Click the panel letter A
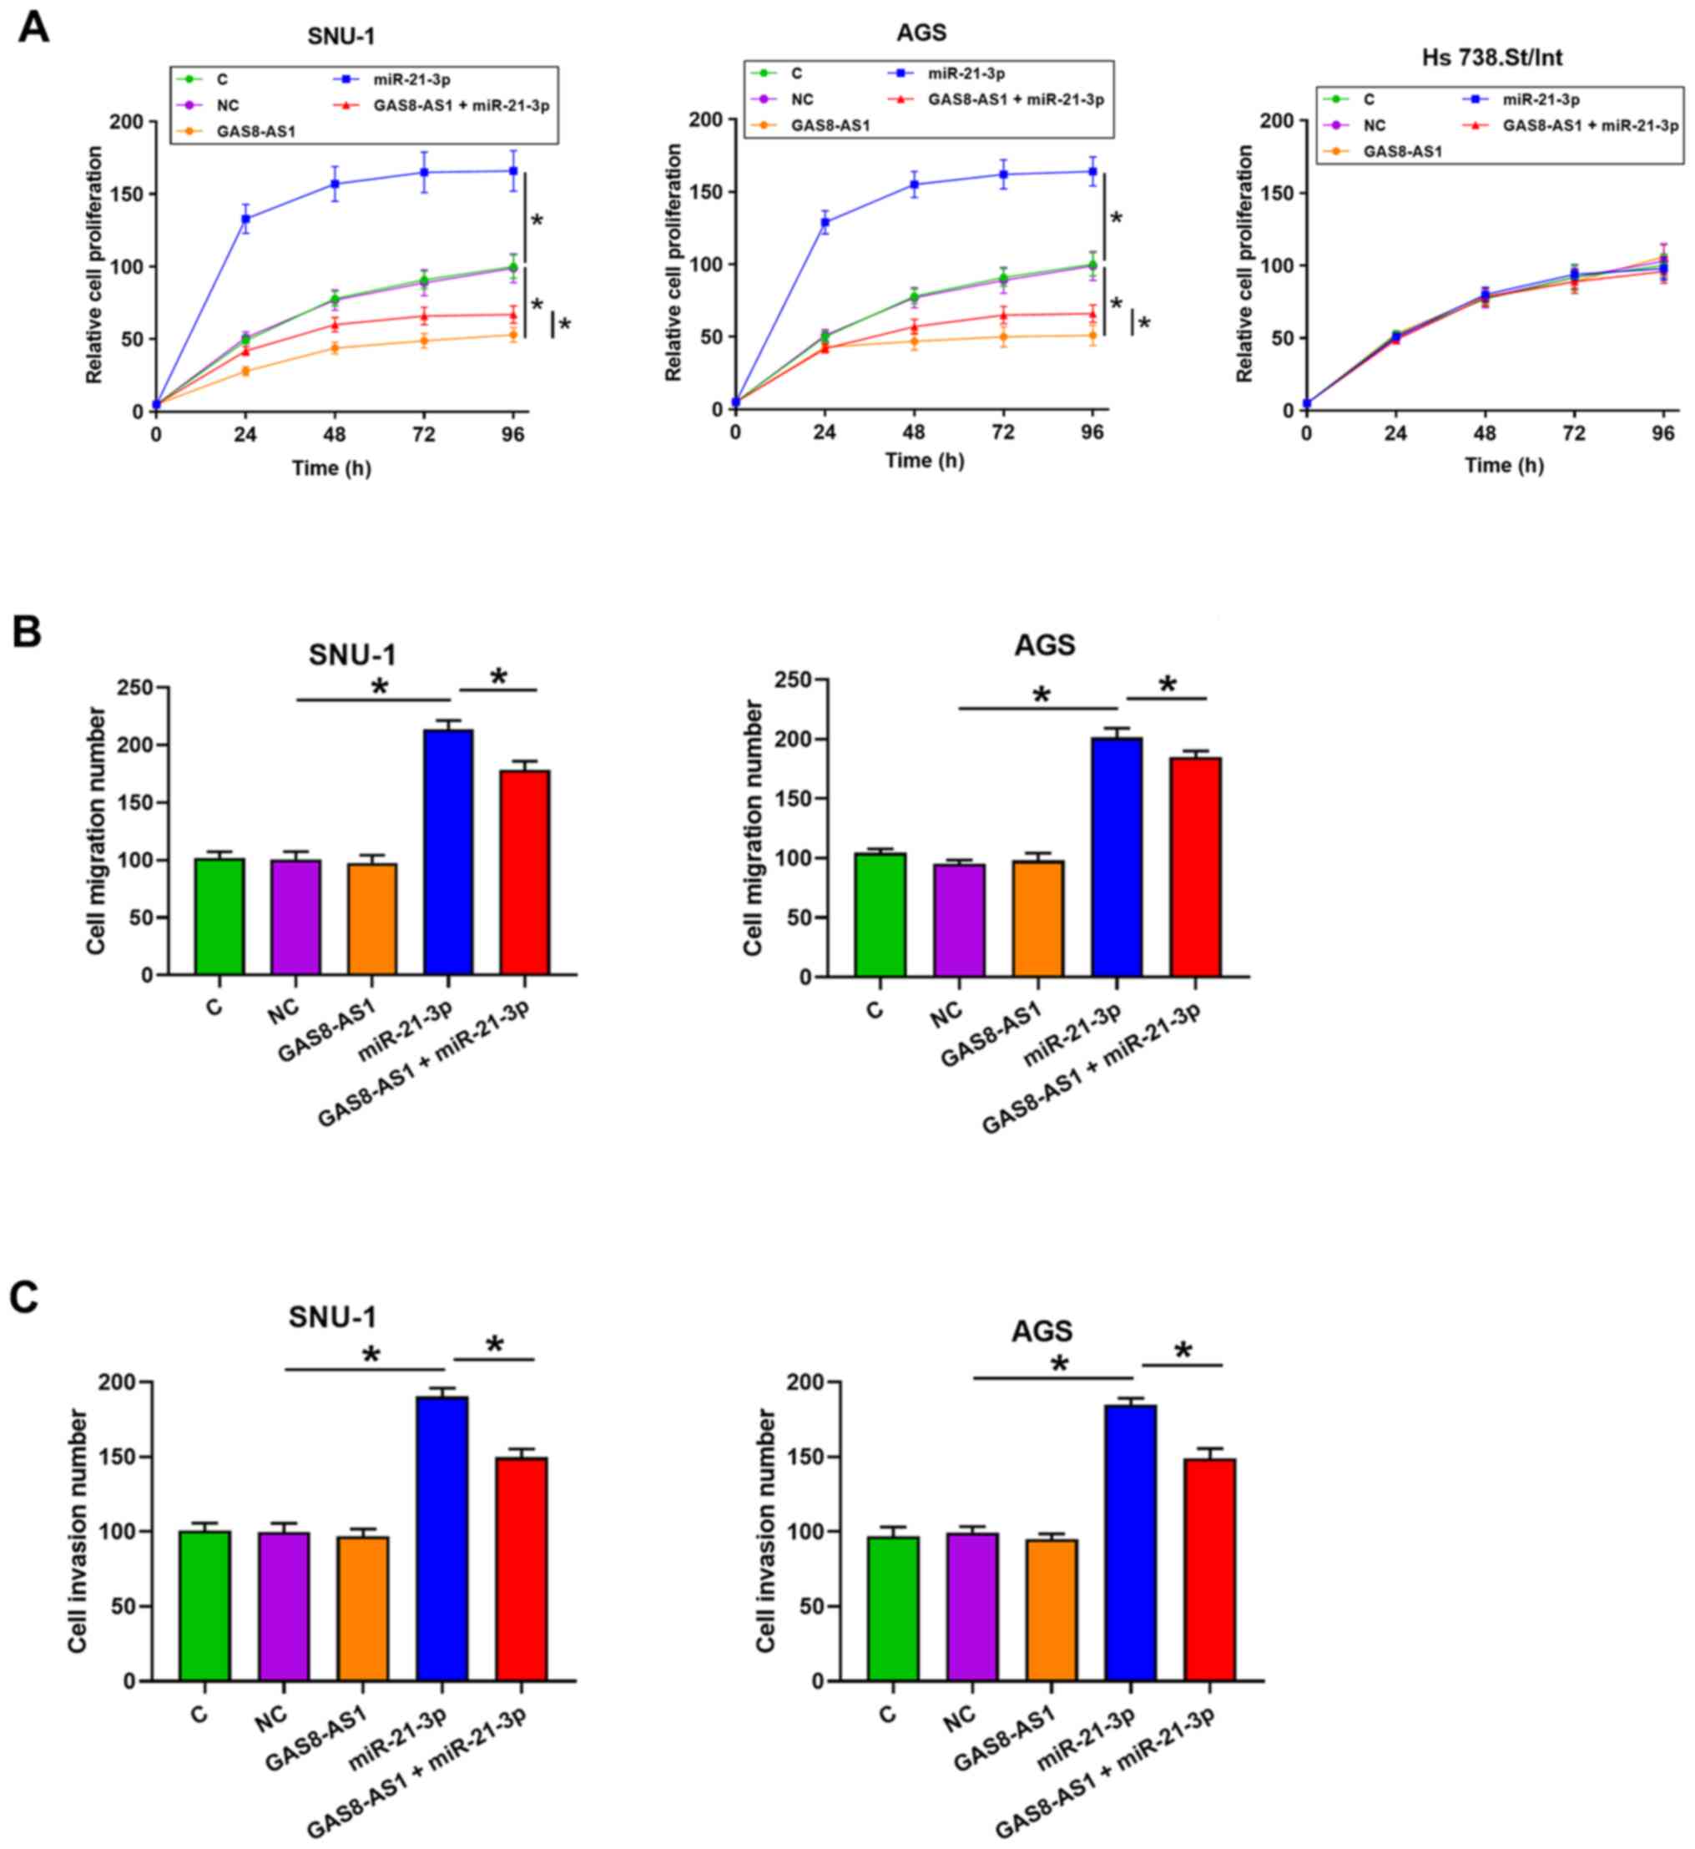click(x=34, y=27)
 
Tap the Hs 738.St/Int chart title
click(x=1491, y=58)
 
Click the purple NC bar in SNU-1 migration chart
click(x=295, y=917)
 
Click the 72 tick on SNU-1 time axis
click(x=424, y=434)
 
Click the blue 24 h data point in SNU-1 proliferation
click(x=245, y=219)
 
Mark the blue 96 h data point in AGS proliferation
click(x=1092, y=170)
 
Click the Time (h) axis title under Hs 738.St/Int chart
click(x=1504, y=465)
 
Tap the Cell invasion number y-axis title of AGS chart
click(x=766, y=1531)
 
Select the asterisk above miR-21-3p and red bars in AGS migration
click(x=1167, y=685)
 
